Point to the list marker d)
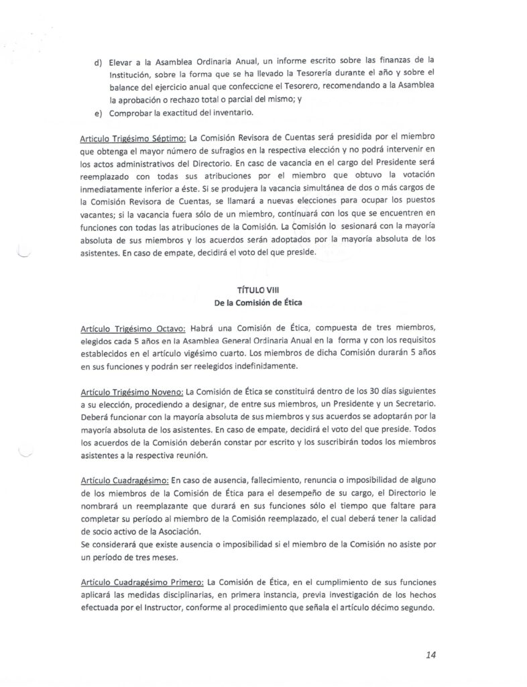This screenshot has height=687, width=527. [98, 62]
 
